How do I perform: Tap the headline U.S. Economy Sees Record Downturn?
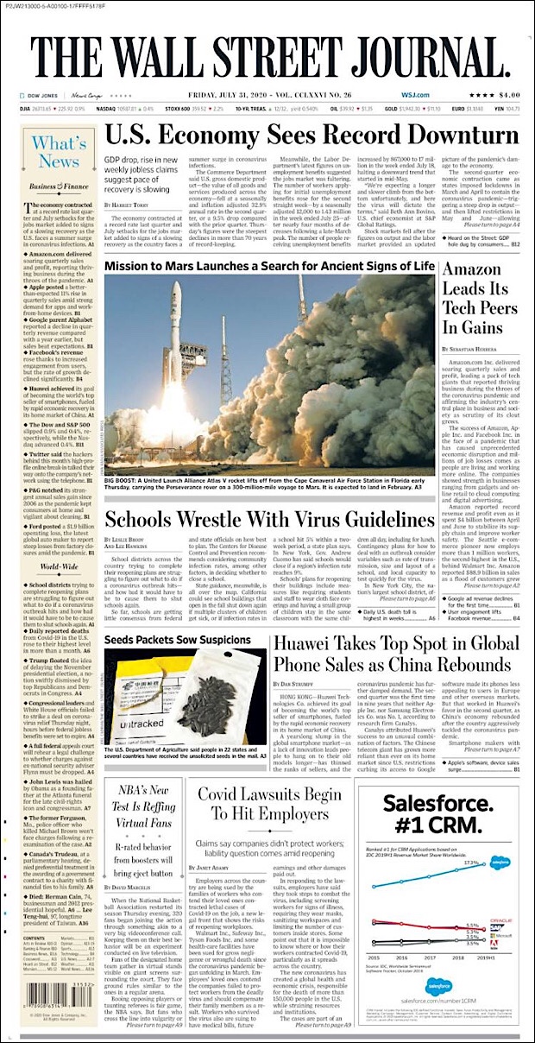pyautogui.click(x=312, y=136)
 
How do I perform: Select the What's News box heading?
pyautogui.click(x=58, y=152)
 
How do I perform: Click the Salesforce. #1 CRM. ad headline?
pyautogui.click(x=437, y=815)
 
